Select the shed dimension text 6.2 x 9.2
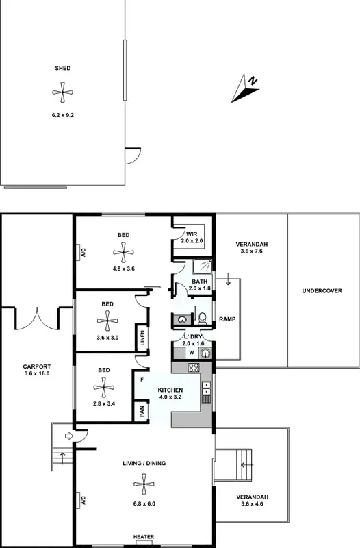62,115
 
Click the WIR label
192,235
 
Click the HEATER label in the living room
144,537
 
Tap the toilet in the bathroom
202,318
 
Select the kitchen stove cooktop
194,368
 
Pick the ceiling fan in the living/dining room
144,486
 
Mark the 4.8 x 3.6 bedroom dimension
123,269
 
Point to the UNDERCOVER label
322,290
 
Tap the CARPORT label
37,366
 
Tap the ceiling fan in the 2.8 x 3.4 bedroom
104,388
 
